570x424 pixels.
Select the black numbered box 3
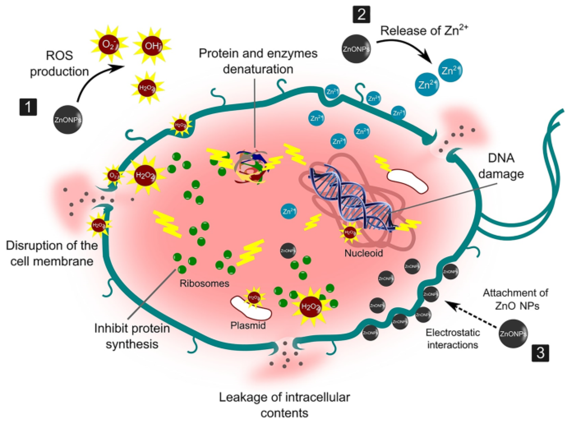tap(540, 353)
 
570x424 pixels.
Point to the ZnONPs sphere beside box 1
tap(68, 120)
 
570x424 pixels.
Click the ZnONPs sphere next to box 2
tap(356, 49)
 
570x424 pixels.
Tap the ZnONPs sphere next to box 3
tap(513, 334)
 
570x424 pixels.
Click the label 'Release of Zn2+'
tap(424, 31)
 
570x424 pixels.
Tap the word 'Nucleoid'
tap(363, 253)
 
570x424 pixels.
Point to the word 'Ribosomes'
tap(204, 283)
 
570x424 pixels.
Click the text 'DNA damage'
tap(501, 166)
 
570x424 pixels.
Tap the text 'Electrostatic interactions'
tap(453, 338)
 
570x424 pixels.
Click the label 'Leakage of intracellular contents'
tap(284, 405)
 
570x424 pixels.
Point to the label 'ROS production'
tap(59, 63)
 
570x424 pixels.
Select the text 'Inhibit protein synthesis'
tap(132, 336)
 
